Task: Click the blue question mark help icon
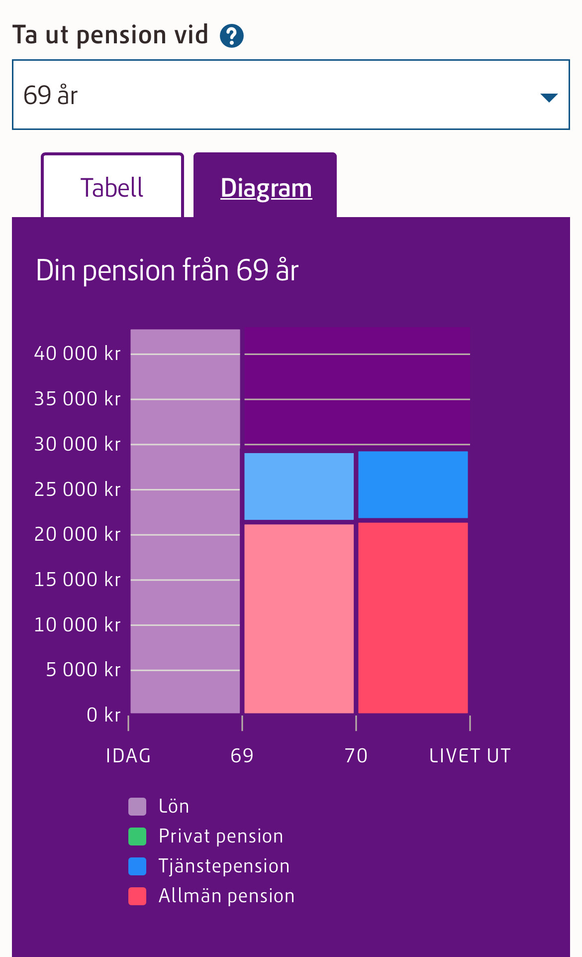pyautogui.click(x=232, y=36)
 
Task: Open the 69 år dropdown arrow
pyautogui.click(x=549, y=97)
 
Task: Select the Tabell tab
pyautogui.click(x=112, y=187)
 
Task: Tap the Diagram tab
pyautogui.click(x=266, y=188)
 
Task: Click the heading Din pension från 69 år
pyautogui.click(x=167, y=270)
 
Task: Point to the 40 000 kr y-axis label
pyautogui.click(x=77, y=354)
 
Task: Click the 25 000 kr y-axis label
pyautogui.click(x=77, y=489)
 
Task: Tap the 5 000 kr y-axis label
pyautogui.click(x=83, y=670)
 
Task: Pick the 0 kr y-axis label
pyautogui.click(x=103, y=715)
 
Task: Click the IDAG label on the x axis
pyautogui.click(x=128, y=756)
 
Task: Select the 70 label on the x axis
pyautogui.click(x=356, y=756)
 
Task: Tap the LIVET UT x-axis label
pyautogui.click(x=470, y=756)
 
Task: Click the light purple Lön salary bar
pyautogui.click(x=185, y=521)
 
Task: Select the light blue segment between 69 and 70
pyautogui.click(x=299, y=486)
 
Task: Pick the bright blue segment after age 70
pyautogui.click(x=413, y=484)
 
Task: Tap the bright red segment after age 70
pyautogui.click(x=413, y=617)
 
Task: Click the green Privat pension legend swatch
pyautogui.click(x=137, y=837)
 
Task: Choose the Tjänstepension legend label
pyautogui.click(x=224, y=866)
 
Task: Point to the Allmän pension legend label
pyautogui.click(x=226, y=896)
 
